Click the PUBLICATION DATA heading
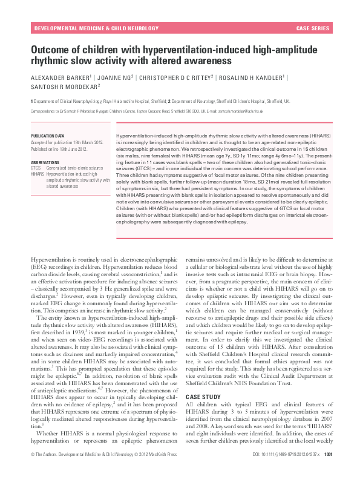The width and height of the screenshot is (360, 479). [x=47, y=136]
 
